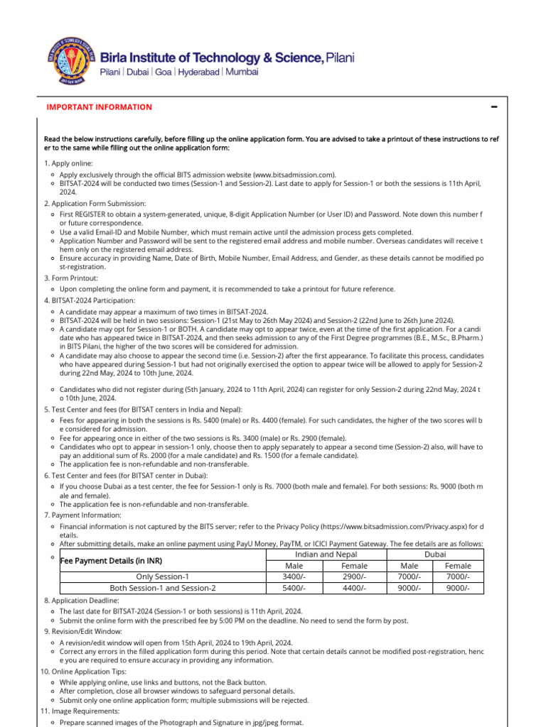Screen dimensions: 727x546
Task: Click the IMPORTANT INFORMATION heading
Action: pyautogui.click(x=99, y=107)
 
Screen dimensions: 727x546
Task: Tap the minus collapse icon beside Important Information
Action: pyautogui.click(x=493, y=107)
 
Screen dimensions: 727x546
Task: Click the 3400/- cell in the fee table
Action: pyautogui.click(x=294, y=576)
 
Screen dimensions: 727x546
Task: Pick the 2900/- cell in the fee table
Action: pyautogui.click(x=355, y=576)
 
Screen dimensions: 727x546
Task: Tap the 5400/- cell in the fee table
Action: pyautogui.click(x=294, y=588)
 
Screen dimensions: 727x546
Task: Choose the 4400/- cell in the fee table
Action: pyautogui.click(x=355, y=588)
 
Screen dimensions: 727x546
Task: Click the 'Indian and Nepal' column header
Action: pyautogui.click(x=326, y=554)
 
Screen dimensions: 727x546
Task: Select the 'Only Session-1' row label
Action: pyautogui.click(x=163, y=576)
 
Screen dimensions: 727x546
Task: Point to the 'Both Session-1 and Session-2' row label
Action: pyautogui.click(x=163, y=588)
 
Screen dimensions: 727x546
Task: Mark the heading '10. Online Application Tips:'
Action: pyautogui.click(x=87, y=671)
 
